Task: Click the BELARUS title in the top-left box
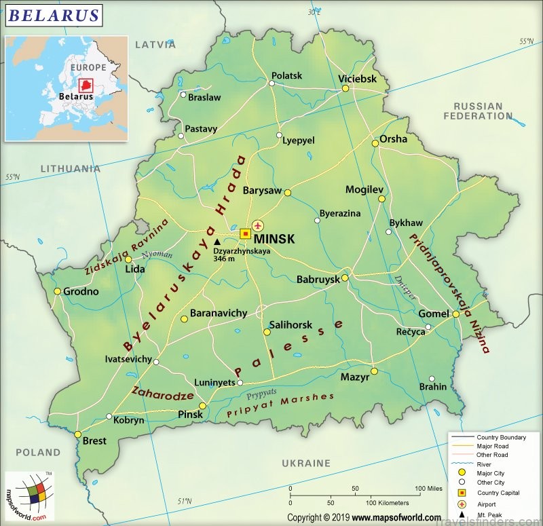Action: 54,15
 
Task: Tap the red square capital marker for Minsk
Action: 245,233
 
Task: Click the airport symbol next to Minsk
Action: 258,225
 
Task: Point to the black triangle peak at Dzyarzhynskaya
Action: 217,241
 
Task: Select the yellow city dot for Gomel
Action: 456,314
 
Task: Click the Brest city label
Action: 94,440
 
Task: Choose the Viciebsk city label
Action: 357,79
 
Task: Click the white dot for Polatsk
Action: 271,84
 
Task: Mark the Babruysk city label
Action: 318,279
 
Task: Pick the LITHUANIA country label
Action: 70,168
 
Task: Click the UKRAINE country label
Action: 305,463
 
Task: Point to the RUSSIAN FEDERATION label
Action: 478,111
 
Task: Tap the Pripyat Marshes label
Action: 280,405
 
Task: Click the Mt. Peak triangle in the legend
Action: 462,515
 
